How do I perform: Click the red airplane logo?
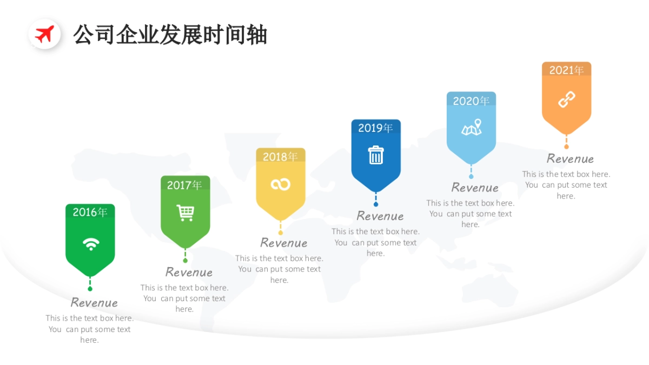[x=44, y=34]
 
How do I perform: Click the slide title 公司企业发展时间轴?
[x=170, y=35]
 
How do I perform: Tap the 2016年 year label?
[x=90, y=213]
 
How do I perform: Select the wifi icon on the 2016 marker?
[x=91, y=243]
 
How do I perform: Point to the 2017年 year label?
[x=184, y=185]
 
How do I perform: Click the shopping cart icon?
[x=186, y=213]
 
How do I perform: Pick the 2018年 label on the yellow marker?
[x=280, y=156]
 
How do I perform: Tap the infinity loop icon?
[x=281, y=184]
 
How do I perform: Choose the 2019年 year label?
[x=375, y=128]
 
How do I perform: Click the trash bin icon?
[x=376, y=155]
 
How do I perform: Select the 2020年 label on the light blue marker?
[x=471, y=101]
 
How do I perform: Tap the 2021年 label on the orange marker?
[x=566, y=70]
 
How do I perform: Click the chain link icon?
[x=566, y=99]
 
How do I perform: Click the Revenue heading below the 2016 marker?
[x=94, y=302]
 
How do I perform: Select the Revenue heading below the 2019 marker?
[x=380, y=216]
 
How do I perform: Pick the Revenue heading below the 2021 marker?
[x=570, y=158]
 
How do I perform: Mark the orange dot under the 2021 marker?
[x=566, y=147]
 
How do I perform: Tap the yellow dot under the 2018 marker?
[x=280, y=233]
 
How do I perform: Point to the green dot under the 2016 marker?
[x=90, y=289]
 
